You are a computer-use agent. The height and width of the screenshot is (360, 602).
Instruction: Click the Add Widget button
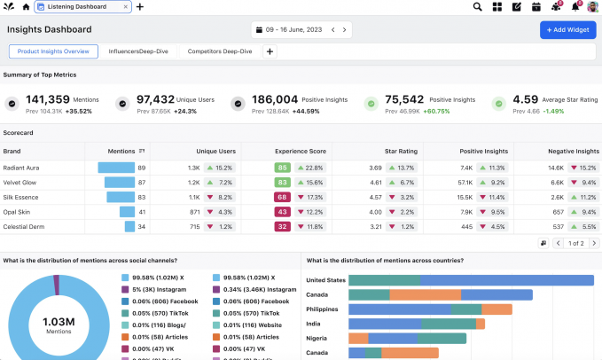[x=567, y=29]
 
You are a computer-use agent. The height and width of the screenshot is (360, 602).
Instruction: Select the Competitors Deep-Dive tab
[x=220, y=51]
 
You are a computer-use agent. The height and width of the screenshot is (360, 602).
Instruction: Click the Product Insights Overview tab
[x=52, y=51]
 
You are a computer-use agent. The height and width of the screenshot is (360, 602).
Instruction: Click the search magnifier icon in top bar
[x=477, y=7]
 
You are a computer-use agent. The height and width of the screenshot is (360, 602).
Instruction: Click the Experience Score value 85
[x=282, y=167]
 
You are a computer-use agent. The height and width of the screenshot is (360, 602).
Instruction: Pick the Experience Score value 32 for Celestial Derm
[x=282, y=227]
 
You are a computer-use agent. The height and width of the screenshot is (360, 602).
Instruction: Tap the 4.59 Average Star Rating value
[x=525, y=100]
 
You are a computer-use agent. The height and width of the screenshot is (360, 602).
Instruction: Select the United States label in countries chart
[x=324, y=280]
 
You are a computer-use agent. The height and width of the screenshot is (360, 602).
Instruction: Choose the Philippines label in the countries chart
[x=322, y=309]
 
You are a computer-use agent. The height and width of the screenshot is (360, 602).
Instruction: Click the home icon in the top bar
[x=26, y=7]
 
